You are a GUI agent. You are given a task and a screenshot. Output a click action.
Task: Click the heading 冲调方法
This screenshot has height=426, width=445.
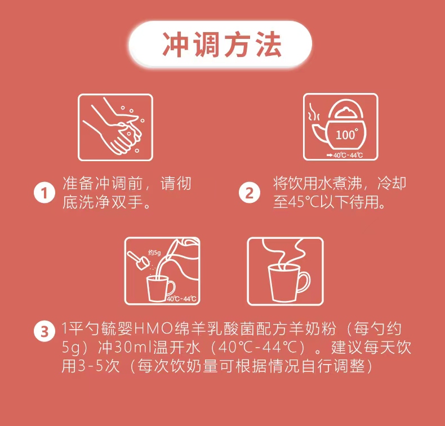pos(222,46)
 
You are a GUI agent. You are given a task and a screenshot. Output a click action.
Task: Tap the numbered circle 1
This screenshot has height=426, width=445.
pos(44,193)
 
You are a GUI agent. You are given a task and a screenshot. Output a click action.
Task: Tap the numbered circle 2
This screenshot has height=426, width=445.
pos(249,193)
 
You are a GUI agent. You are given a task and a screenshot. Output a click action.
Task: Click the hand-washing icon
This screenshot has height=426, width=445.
pos(115,127)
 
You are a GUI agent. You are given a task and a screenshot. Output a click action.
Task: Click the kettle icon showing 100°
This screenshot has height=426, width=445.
pos(341,127)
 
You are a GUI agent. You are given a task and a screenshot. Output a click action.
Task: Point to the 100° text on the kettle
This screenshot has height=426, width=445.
pos(346,135)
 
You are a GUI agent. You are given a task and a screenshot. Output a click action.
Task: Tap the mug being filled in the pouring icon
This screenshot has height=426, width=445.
pos(159,289)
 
